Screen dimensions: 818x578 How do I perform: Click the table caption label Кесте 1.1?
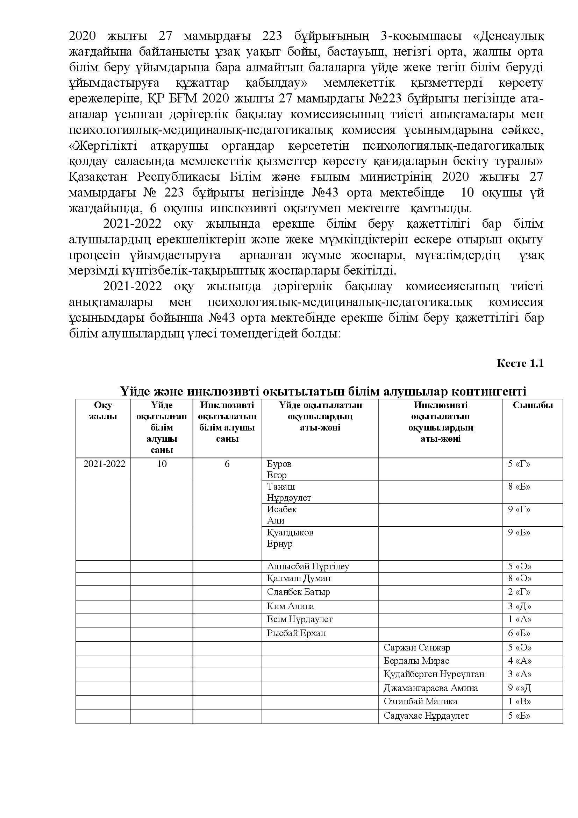tap(520, 363)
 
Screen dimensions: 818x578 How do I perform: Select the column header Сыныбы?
tap(533, 405)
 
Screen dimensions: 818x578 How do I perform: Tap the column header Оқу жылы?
tap(103, 411)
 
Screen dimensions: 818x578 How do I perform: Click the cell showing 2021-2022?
tap(104, 464)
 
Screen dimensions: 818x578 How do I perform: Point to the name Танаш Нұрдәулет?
tap(289, 492)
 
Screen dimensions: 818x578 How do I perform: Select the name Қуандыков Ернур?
tap(290, 538)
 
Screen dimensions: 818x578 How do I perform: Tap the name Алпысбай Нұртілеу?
tap(308, 566)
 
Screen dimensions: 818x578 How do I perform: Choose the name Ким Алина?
tap(290, 606)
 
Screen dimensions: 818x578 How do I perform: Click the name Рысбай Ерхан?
tap(296, 633)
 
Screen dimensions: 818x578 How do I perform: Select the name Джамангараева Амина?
tap(430, 688)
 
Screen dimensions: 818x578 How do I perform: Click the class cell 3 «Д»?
tap(519, 606)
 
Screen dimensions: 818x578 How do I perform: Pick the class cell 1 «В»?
tap(520, 701)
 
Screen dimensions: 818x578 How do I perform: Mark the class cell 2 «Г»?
tap(519, 592)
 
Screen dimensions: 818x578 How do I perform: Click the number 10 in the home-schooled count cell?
tap(162, 464)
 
